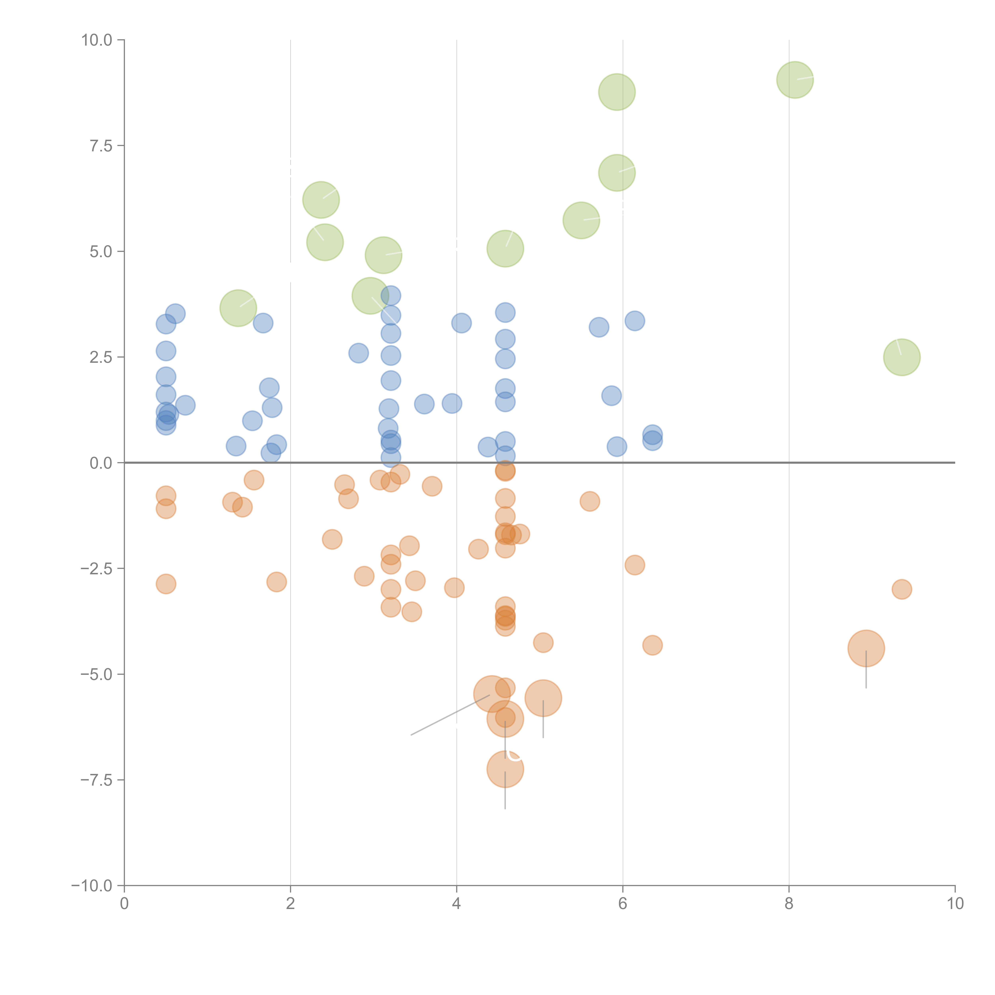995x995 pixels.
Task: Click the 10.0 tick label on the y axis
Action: (x=97, y=40)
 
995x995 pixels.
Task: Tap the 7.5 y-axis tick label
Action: (x=101, y=146)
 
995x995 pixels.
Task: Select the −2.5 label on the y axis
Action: (x=96, y=569)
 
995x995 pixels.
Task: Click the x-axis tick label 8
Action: (x=789, y=904)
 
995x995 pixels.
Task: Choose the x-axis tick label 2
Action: (x=291, y=904)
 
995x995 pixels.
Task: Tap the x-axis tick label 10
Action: (x=955, y=904)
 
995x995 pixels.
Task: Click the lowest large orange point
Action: (x=505, y=769)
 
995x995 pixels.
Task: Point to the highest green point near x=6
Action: (x=617, y=92)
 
